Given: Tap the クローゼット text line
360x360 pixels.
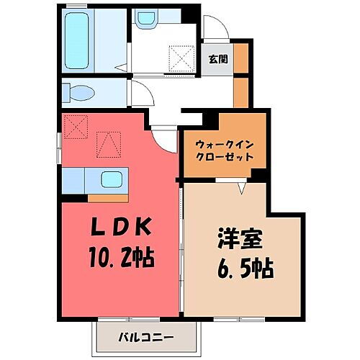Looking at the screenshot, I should pyautogui.click(x=224, y=156).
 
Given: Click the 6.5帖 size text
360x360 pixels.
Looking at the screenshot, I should pyautogui.click(x=243, y=270).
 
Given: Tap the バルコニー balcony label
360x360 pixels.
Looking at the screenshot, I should pyautogui.click(x=145, y=336).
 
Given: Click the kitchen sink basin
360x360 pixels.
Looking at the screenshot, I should pyautogui.click(x=112, y=179).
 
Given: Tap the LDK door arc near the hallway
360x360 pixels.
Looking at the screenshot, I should pyautogui.click(x=164, y=137).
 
